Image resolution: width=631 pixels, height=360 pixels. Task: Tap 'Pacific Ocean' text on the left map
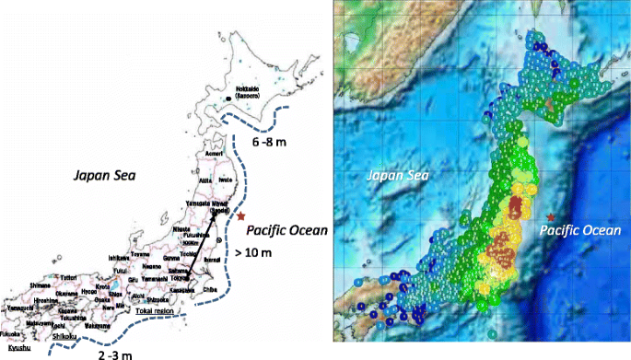pyautogui.click(x=289, y=230)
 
